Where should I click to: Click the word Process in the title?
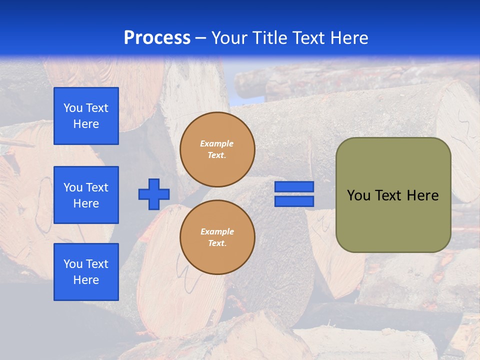click(157, 38)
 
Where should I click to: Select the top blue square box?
click(86, 116)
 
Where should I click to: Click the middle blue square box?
click(86, 195)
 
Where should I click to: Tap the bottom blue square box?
click(86, 272)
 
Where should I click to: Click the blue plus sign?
click(154, 194)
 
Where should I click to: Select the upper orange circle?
click(217, 149)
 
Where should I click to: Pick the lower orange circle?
click(217, 237)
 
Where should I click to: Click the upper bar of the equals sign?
click(294, 187)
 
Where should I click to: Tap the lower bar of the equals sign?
click(294, 201)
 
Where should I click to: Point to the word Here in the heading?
click(348, 38)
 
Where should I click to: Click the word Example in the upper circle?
click(217, 143)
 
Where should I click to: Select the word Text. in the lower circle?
click(217, 243)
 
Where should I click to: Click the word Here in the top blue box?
click(86, 124)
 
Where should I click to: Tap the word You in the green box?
click(358, 195)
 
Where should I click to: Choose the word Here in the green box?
click(422, 195)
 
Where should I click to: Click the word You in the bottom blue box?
click(73, 264)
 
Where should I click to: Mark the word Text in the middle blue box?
click(97, 187)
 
